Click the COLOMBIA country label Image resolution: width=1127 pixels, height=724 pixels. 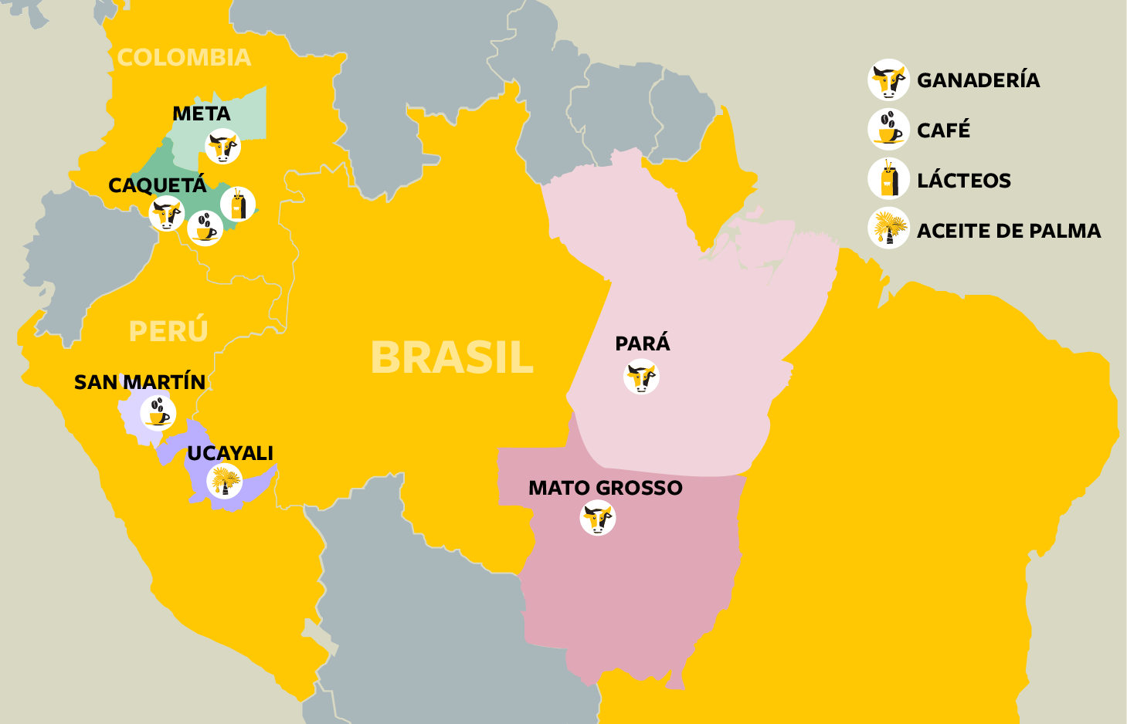click(x=184, y=58)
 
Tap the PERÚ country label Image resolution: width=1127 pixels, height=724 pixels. click(x=168, y=331)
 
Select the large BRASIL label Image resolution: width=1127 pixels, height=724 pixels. click(x=452, y=357)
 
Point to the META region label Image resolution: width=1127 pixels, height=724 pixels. click(x=201, y=114)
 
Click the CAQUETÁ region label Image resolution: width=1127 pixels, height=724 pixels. click(x=158, y=185)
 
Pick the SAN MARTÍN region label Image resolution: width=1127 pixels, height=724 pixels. click(x=140, y=382)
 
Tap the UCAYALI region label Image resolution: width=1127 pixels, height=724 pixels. click(x=230, y=453)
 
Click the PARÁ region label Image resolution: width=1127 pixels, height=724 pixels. click(x=643, y=343)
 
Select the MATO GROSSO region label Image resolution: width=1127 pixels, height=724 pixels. click(x=606, y=488)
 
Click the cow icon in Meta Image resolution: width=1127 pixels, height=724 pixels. click(x=223, y=147)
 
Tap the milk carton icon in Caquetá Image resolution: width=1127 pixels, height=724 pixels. click(x=238, y=205)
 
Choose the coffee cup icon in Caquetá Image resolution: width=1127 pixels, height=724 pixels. click(x=205, y=228)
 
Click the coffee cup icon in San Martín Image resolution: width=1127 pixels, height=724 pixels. click(x=158, y=413)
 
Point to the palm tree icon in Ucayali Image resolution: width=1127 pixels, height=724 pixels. click(x=225, y=482)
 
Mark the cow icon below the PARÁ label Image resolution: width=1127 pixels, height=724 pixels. click(x=641, y=377)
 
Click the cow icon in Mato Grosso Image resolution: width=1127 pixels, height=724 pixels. click(x=598, y=518)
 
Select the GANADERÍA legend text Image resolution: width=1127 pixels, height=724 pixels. click(x=978, y=80)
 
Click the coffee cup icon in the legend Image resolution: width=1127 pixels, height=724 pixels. click(x=888, y=130)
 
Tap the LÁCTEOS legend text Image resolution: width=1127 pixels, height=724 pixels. click(x=964, y=181)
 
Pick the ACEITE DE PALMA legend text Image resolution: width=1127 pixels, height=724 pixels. click(x=1009, y=231)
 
